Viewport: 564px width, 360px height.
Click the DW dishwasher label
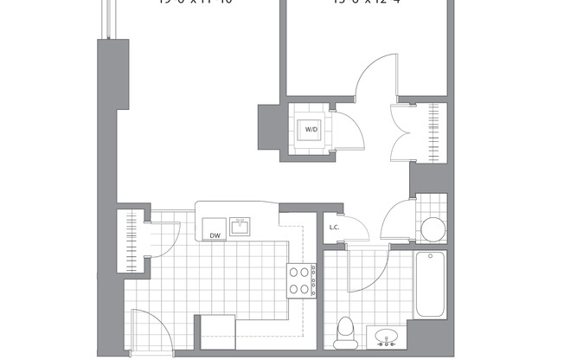tap(212, 235)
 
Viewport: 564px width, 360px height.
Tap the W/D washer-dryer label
tap(310, 131)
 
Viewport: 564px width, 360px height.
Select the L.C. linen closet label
tap(335, 228)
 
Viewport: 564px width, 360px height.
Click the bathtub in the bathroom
tap(430, 285)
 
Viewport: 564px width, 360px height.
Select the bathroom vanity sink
tap(385, 335)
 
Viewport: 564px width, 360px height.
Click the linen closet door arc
tap(355, 227)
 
